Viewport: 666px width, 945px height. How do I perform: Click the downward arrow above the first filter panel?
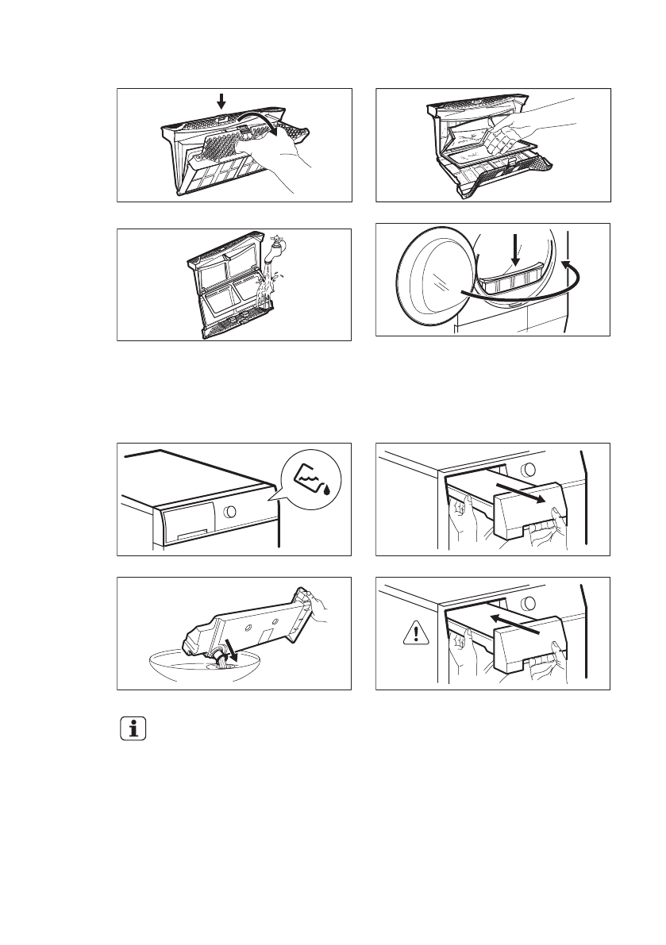pyautogui.click(x=221, y=101)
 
